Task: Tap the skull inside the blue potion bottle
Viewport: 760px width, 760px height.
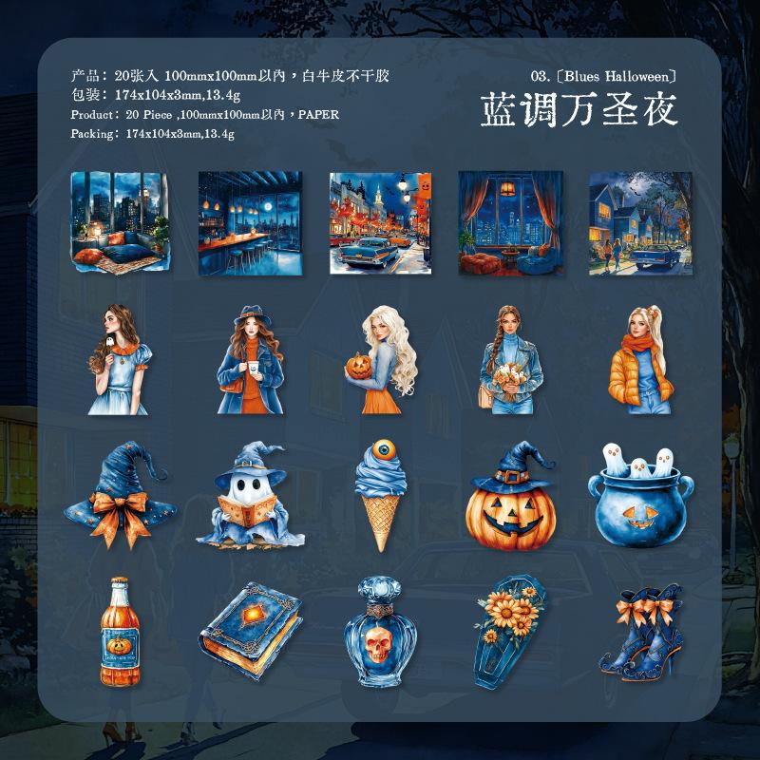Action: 378,644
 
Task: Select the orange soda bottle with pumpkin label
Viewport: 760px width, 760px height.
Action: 120,632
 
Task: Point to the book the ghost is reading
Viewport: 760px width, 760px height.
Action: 246,510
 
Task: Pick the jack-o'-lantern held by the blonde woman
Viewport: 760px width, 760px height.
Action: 359,366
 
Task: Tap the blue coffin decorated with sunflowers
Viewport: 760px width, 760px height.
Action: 509,631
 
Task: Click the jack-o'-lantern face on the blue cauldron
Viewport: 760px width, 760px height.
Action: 638,516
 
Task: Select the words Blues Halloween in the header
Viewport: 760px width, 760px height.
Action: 620,76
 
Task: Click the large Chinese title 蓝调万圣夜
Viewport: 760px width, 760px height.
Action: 579,110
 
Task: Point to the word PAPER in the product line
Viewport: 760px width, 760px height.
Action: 318,114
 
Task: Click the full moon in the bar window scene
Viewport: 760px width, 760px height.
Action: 267,207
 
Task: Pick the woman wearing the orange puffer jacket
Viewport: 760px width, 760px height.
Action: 640,360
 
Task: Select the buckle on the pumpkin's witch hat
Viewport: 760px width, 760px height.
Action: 508,477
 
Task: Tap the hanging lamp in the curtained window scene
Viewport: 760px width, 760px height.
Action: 508,187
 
